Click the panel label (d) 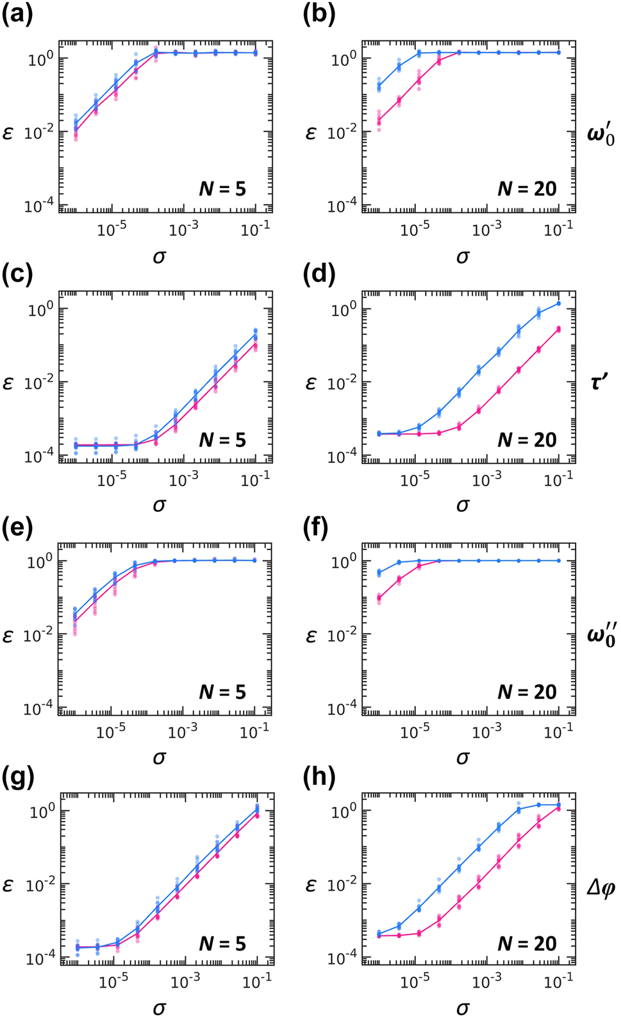point(319,274)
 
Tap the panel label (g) point(17,777)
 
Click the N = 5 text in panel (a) point(222,189)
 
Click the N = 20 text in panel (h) point(527,943)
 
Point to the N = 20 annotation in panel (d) point(527,440)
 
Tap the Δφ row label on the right point(600,888)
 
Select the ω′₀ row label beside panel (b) point(600,135)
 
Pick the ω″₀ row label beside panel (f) point(600,636)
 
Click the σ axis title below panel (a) point(159,257)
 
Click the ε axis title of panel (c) point(8,383)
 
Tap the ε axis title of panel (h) point(311,886)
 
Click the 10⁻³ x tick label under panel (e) point(183,730)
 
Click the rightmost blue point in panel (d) point(558,303)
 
